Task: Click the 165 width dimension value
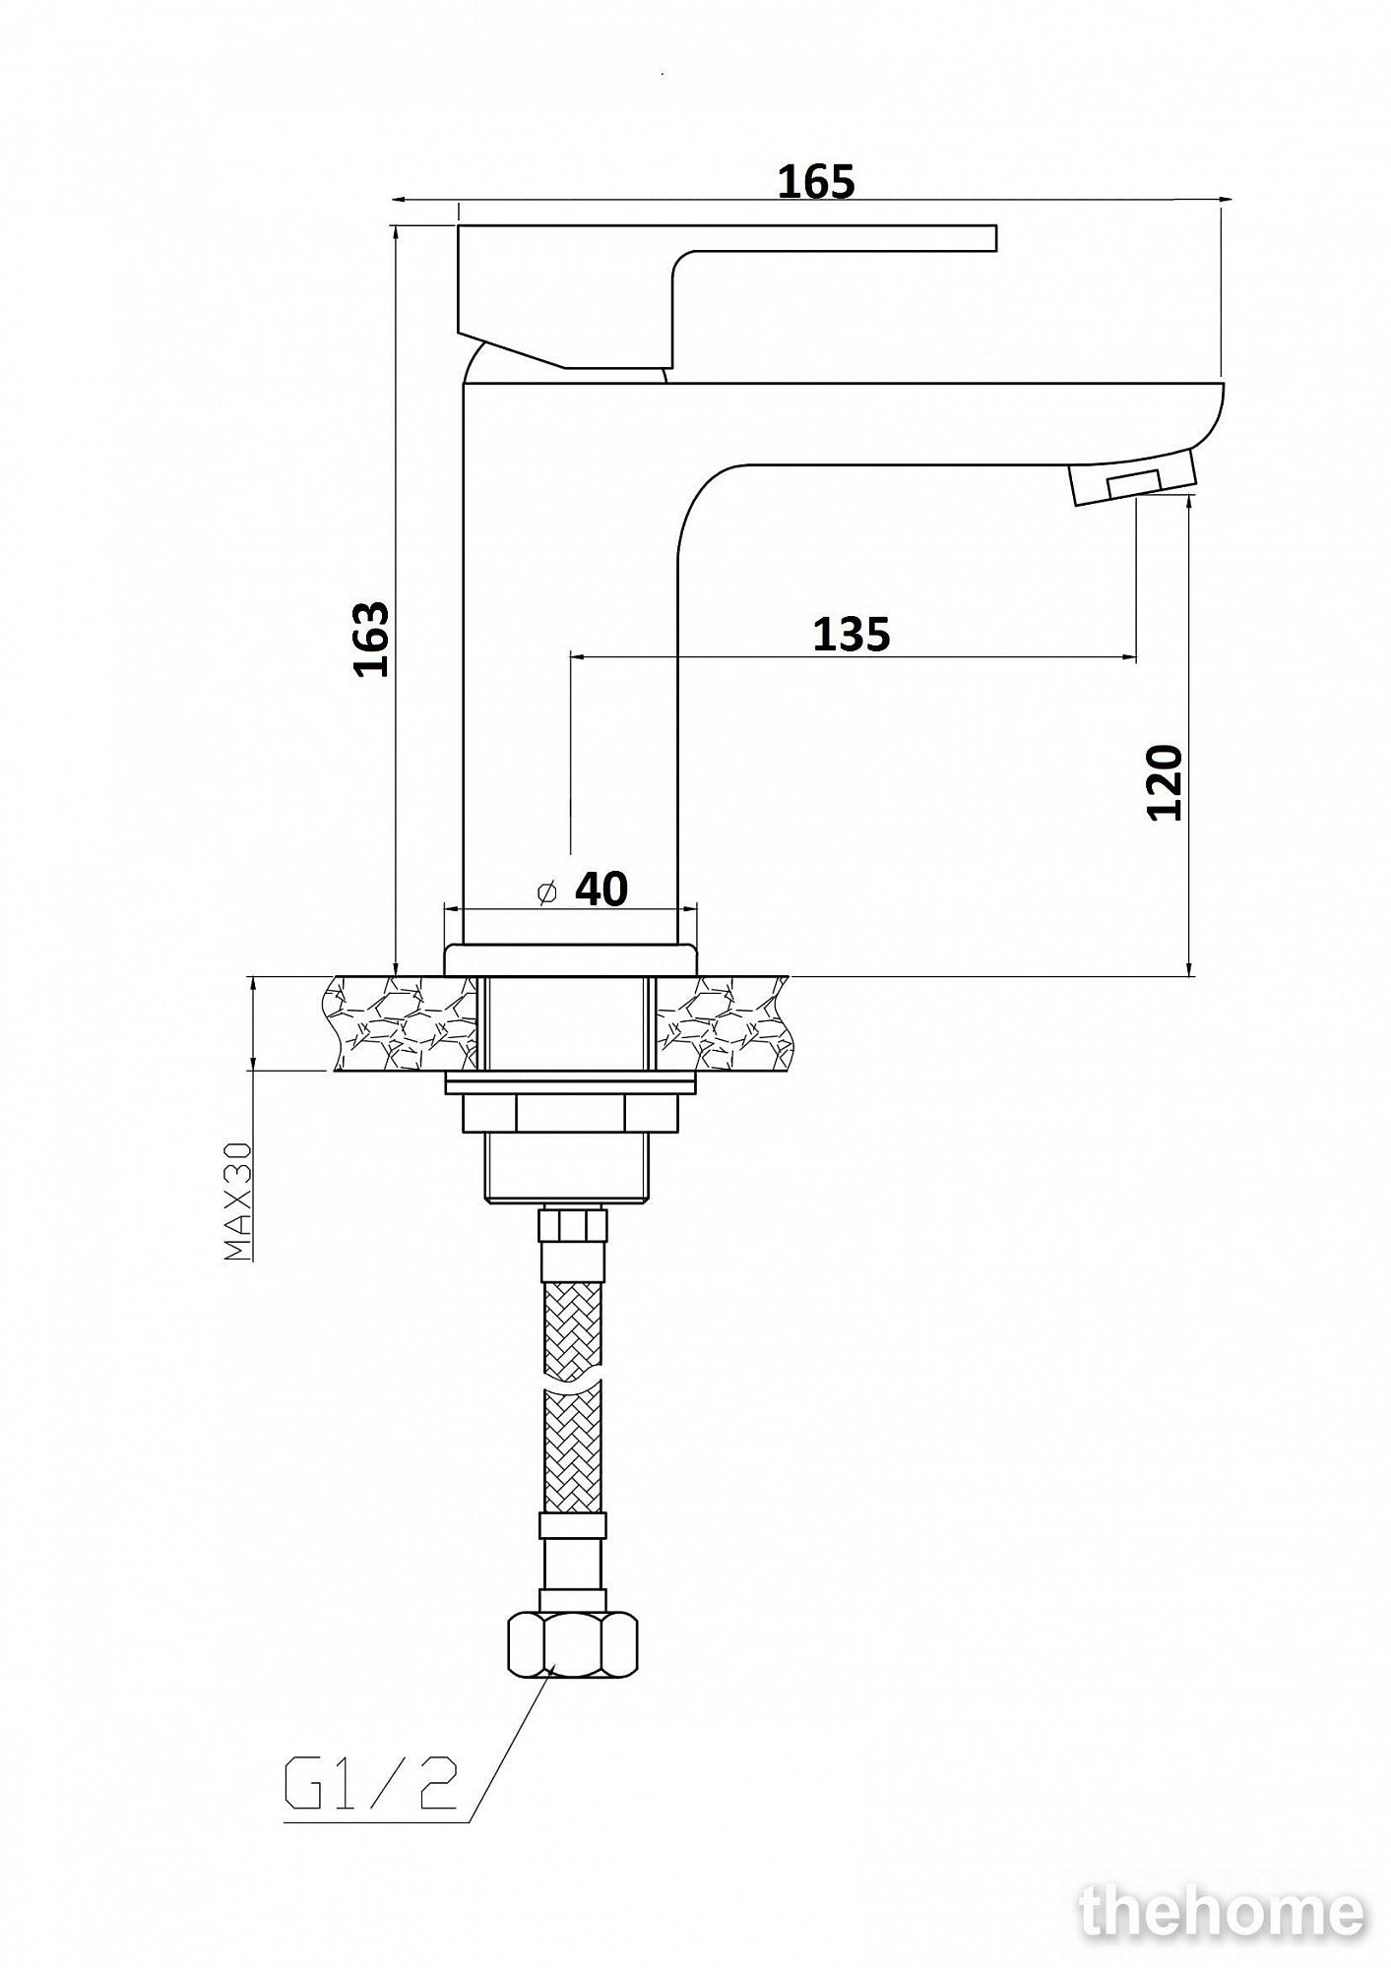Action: (x=816, y=182)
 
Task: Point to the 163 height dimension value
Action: (x=372, y=639)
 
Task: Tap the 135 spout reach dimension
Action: (x=852, y=635)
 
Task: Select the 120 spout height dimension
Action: (x=1165, y=783)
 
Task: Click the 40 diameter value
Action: (x=601, y=890)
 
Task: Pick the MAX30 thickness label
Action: (x=238, y=1200)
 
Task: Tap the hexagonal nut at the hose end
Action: (x=572, y=1645)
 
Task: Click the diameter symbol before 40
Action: (x=547, y=892)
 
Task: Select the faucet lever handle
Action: (x=727, y=296)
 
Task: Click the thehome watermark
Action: (x=1223, y=1912)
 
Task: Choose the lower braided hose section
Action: (x=572, y=1452)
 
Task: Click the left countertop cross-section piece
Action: (x=402, y=1023)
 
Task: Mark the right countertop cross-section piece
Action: (x=724, y=1023)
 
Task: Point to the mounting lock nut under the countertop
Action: (x=571, y=1114)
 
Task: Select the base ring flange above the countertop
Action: (x=571, y=959)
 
